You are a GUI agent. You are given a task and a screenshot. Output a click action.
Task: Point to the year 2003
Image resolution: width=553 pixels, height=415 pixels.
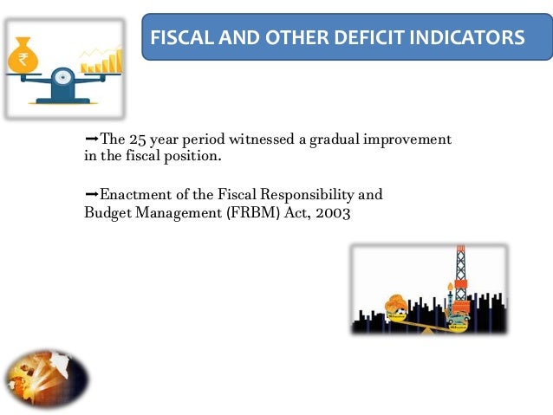pos(333,212)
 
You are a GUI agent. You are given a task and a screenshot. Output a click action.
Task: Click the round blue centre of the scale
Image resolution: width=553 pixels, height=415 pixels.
pos(62,79)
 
